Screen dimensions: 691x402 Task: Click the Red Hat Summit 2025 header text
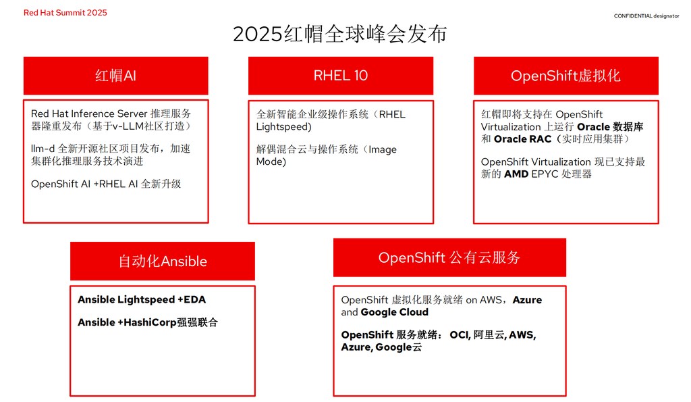[x=65, y=13]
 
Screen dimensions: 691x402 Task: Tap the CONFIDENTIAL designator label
[x=646, y=16]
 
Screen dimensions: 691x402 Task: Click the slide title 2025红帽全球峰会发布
[x=340, y=34]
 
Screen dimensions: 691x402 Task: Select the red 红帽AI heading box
[x=116, y=76]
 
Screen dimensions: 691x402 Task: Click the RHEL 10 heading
[x=341, y=76]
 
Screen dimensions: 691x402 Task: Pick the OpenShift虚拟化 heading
[x=566, y=76]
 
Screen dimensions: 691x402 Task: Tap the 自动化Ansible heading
[x=163, y=261]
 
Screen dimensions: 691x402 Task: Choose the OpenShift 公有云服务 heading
[x=449, y=257]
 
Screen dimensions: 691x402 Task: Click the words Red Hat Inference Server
[x=89, y=114]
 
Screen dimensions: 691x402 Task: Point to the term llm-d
[x=43, y=149]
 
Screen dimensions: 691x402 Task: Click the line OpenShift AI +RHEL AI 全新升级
[x=106, y=184]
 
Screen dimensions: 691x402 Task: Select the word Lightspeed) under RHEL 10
[x=284, y=127]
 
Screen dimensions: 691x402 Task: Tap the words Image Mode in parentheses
[x=327, y=155]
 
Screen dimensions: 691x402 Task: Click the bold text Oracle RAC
[x=523, y=139]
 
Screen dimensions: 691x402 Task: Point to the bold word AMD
[x=516, y=174]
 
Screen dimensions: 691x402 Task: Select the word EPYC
[x=545, y=174]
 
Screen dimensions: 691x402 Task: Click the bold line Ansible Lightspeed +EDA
[x=142, y=299]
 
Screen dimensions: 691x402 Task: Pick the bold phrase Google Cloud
[x=394, y=312]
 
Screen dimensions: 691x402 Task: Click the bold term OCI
[x=459, y=335]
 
